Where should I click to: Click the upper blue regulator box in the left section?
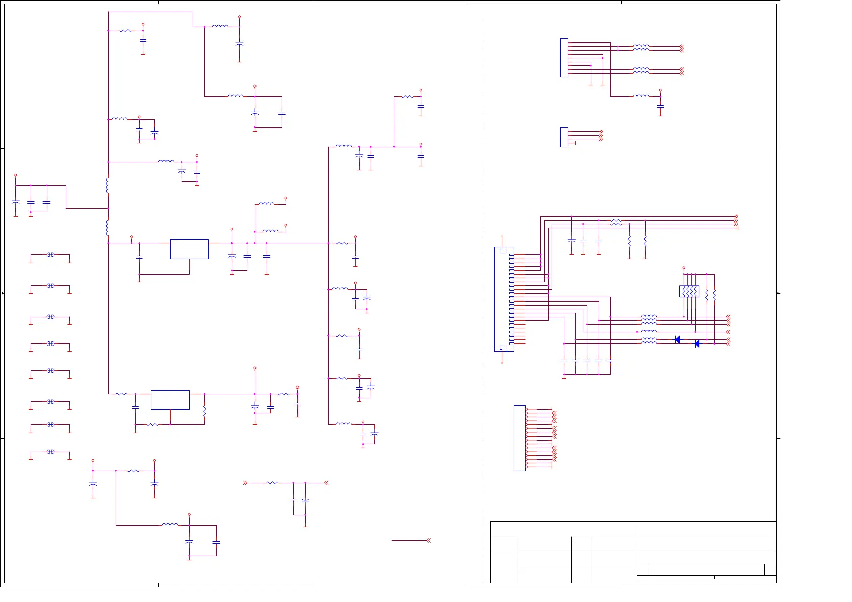189,249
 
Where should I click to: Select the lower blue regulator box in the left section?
170,400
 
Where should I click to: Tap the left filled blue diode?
677,339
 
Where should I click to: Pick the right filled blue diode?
697,344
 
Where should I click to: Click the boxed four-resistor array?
689,291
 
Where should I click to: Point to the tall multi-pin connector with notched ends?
504,299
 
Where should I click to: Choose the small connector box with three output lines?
564,137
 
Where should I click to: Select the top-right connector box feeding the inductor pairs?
564,58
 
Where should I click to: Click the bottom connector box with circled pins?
519,438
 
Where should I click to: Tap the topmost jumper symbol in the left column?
50,255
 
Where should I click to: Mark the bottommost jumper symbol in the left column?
50,452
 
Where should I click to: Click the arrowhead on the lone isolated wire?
429,541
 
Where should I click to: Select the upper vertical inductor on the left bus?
108,185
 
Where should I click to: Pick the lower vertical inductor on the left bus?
108,228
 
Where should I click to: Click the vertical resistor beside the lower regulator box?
204,411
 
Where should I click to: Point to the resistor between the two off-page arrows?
272,483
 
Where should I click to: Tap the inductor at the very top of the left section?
220,26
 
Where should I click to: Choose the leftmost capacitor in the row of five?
564,361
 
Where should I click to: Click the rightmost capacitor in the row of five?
610,361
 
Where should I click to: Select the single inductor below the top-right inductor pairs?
641,96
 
